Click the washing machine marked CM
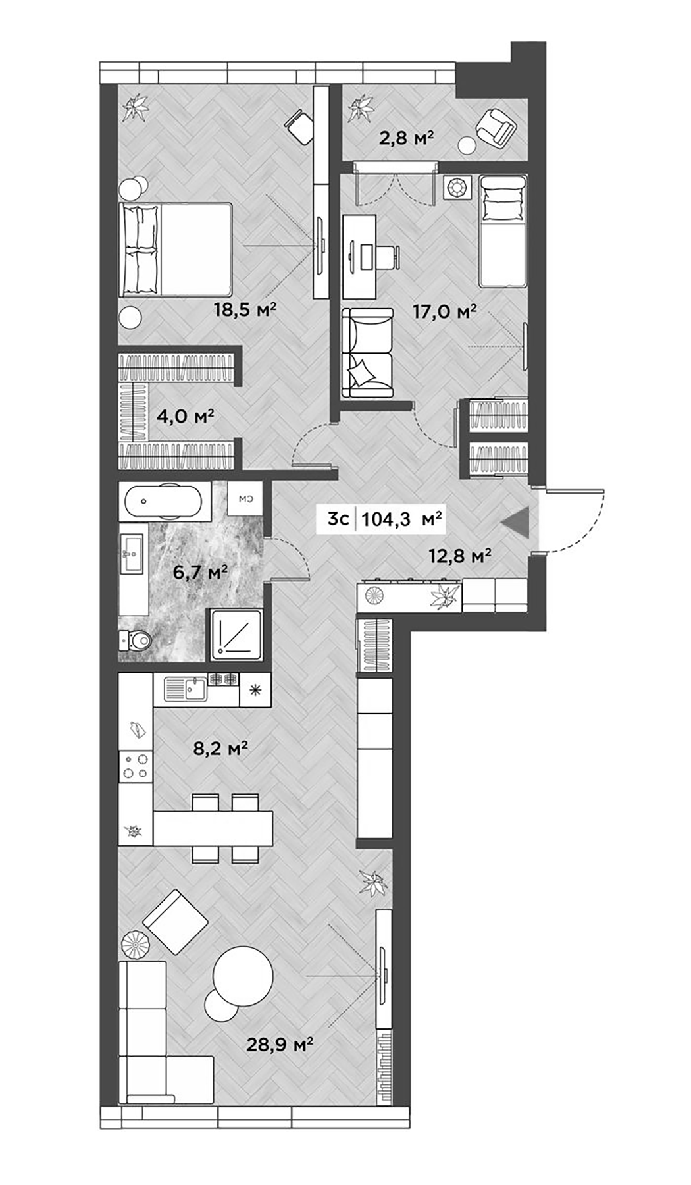coord(246,500)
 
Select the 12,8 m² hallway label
coord(461,556)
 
